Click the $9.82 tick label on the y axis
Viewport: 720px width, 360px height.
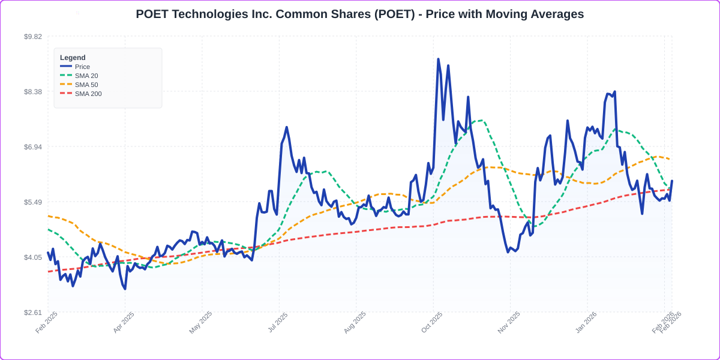pos(33,37)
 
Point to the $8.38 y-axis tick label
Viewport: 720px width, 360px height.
pos(33,92)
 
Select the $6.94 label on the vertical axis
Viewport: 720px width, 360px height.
pos(33,147)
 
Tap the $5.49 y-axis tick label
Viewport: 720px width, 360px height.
pos(33,202)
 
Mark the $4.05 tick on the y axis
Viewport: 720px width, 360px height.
pos(33,257)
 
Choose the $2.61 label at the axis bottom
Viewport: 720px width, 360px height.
pos(33,313)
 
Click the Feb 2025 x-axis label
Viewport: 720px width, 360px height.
pos(47,322)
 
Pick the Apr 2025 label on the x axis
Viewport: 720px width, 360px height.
pos(124,322)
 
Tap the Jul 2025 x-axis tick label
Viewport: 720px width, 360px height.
pos(278,322)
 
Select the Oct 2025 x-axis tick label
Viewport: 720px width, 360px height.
pos(432,322)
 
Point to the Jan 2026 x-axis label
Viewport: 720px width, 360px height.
pos(586,322)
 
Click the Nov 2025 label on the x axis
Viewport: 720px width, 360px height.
pos(509,322)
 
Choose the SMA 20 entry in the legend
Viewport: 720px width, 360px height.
pos(86,76)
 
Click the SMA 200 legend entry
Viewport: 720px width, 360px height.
pos(88,94)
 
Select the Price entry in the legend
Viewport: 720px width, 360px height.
pos(82,67)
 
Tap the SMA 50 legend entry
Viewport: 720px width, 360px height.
pos(86,85)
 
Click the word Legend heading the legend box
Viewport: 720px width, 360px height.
pos(73,58)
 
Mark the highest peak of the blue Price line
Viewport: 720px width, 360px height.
pos(438,59)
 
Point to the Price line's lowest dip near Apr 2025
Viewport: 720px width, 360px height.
pos(125,289)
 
